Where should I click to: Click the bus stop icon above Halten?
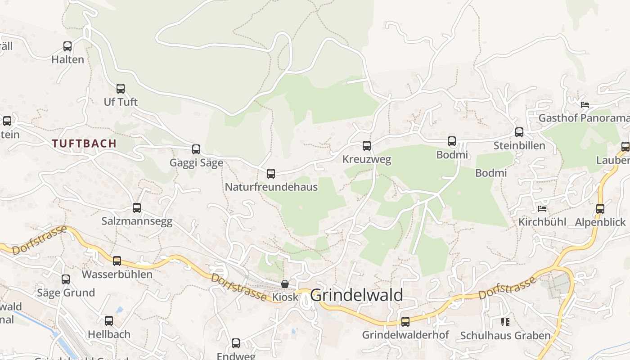pos(67,46)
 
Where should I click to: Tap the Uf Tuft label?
pos(121,102)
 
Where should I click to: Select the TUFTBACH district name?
pos(84,144)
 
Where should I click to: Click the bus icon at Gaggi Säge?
pos(196,149)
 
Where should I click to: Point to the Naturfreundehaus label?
pos(271,187)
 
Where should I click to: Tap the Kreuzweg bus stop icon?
pos(367,146)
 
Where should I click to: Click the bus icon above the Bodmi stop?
pos(452,141)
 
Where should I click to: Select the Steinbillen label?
pos(519,146)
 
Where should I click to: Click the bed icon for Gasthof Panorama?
pos(585,104)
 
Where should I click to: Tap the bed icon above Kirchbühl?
pos(542,209)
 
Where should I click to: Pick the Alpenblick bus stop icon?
pos(600,209)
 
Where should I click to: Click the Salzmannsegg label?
pos(137,221)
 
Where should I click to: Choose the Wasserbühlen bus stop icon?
pos(117,261)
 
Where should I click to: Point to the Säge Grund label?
pos(66,293)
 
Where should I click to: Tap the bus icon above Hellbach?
pos(109,321)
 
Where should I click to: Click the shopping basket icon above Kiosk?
pos(284,284)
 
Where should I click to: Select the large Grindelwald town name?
pos(356,295)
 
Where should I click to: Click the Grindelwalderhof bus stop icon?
pos(405,322)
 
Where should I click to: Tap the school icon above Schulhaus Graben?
pos(505,322)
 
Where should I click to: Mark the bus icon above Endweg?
pos(236,343)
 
